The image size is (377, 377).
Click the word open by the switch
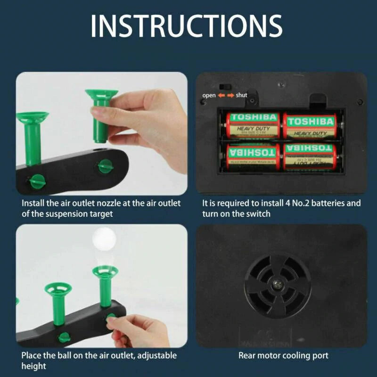click(209, 95)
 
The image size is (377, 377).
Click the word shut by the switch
click(241, 95)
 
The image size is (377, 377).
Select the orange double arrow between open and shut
click(225, 95)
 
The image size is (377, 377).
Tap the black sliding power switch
click(226, 87)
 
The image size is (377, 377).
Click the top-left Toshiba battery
click(254, 124)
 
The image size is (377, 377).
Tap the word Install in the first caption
click(32, 204)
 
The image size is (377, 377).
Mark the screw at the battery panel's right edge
click(360, 102)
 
